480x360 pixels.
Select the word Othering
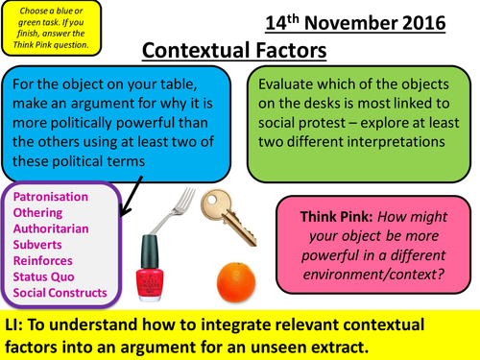tap(39, 212)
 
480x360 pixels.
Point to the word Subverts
tap(40, 244)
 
